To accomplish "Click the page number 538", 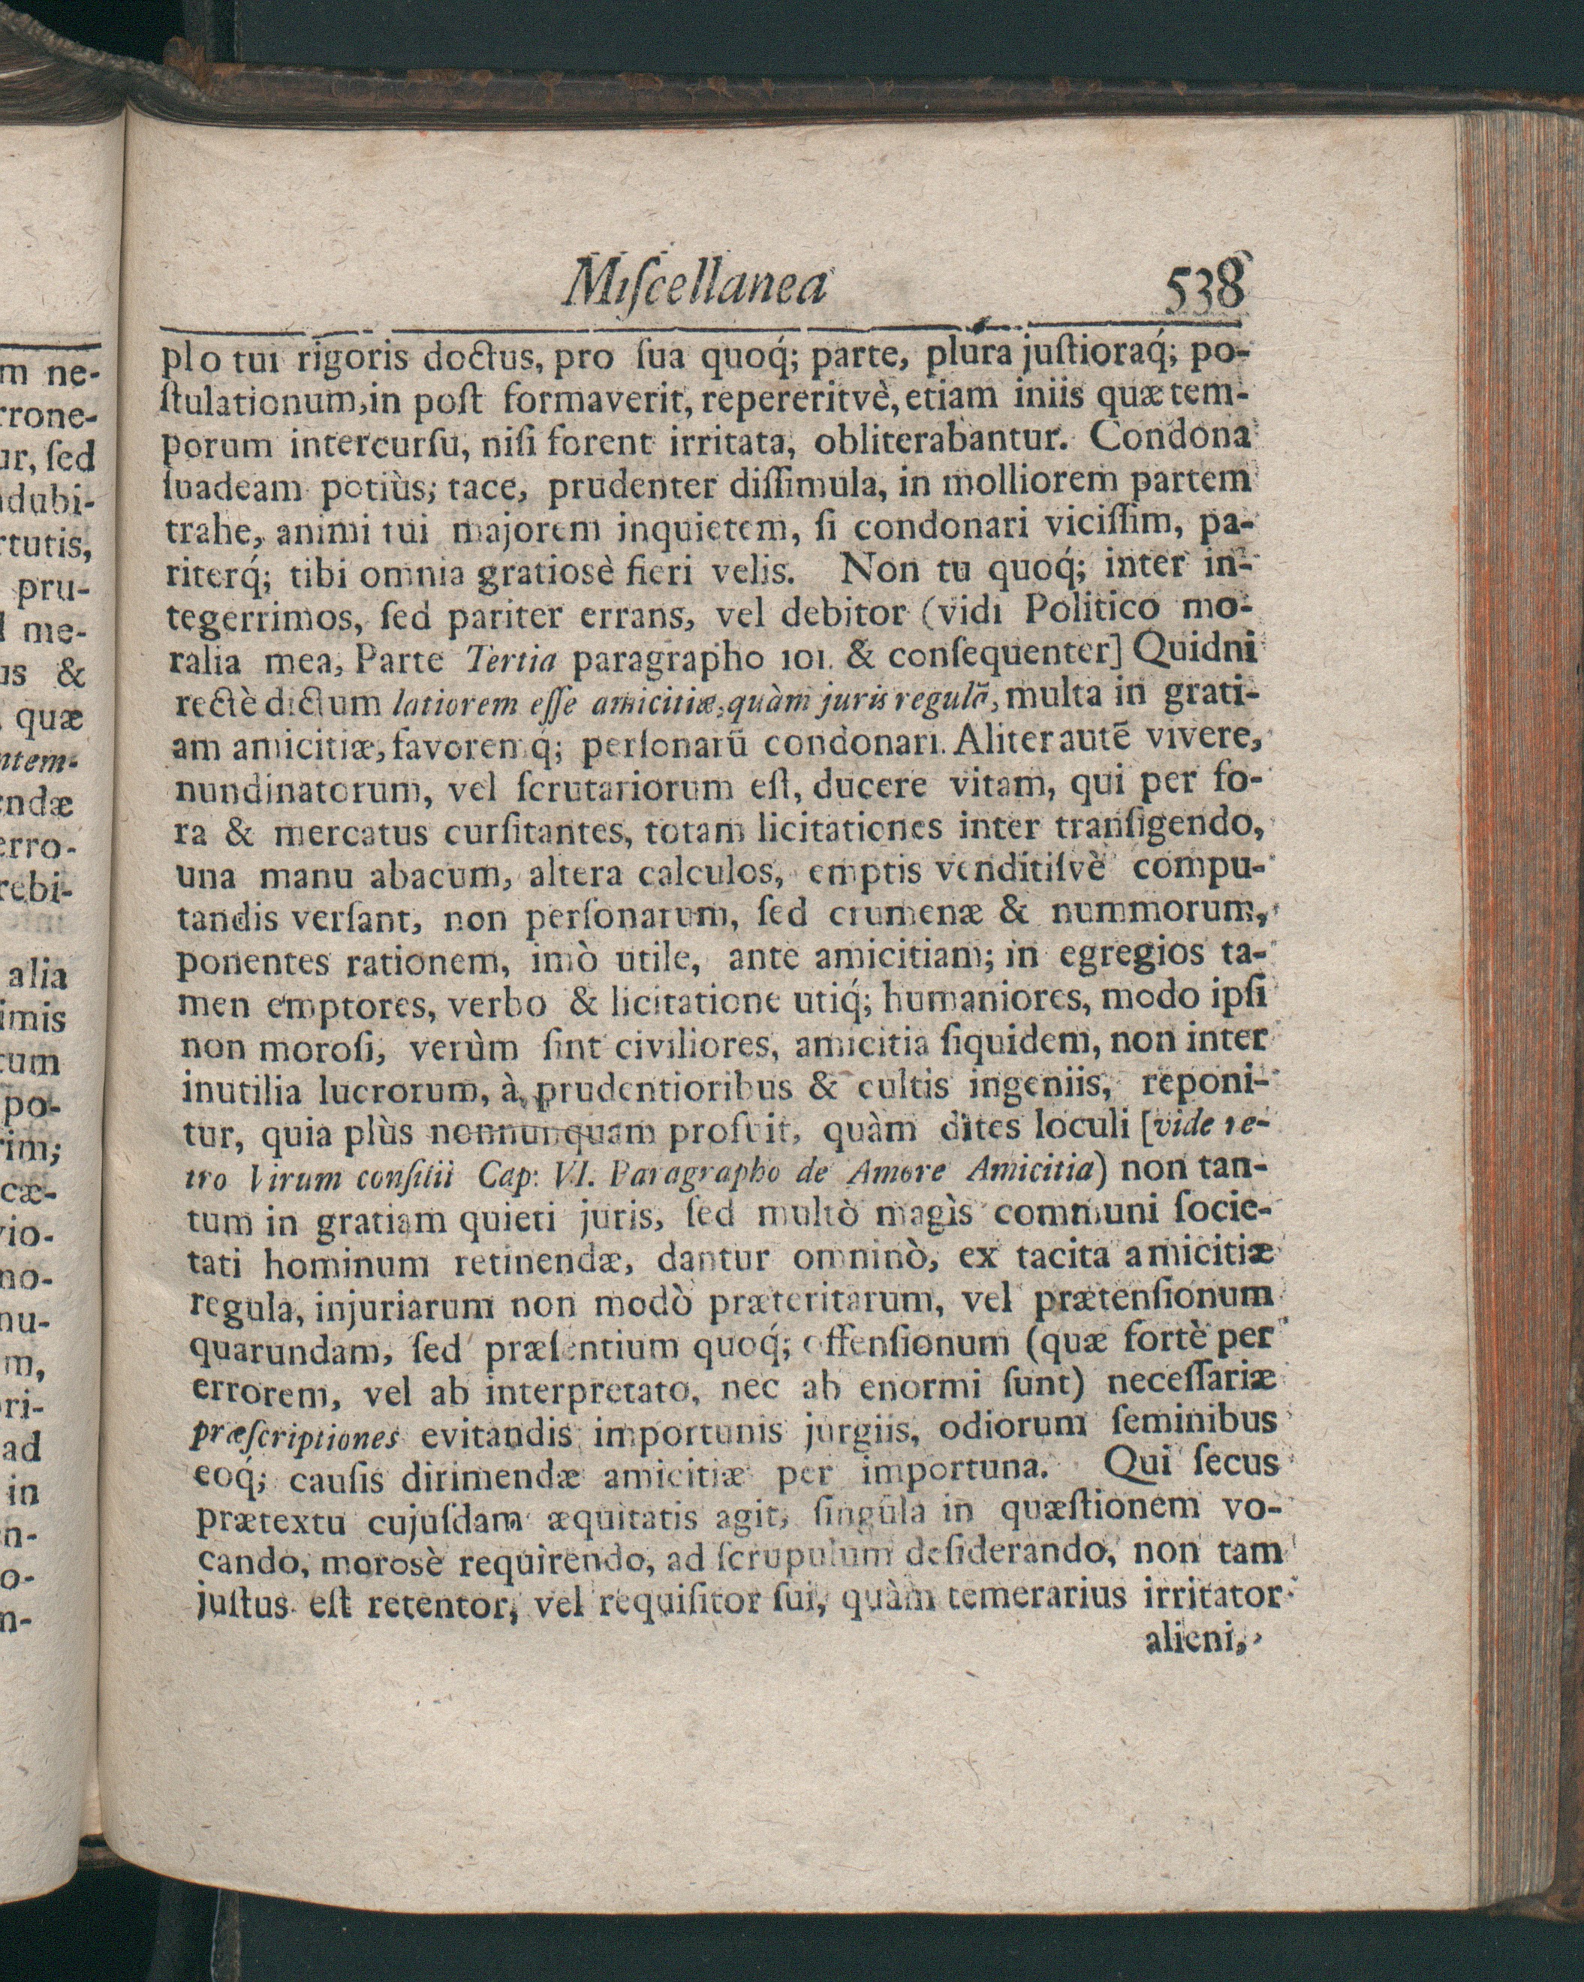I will [x=1205, y=292].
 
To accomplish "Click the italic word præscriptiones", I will [x=295, y=1438].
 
